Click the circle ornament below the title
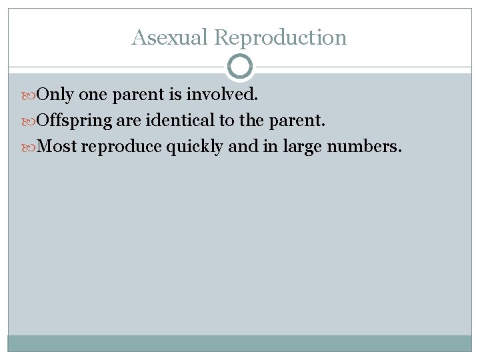(x=240, y=67)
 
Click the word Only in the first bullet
(x=55, y=95)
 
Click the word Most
(x=58, y=147)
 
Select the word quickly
(x=195, y=147)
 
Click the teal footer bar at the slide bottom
(x=240, y=343)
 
